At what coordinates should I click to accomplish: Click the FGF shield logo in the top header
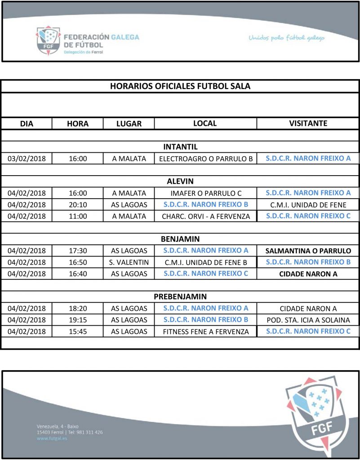(x=49, y=40)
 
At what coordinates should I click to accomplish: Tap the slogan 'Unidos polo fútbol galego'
(x=286, y=38)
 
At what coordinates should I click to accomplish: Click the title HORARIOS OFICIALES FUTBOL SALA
(x=180, y=86)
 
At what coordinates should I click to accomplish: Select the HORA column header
(x=78, y=124)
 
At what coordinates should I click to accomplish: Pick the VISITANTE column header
(x=308, y=123)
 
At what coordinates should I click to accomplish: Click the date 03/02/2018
(x=27, y=159)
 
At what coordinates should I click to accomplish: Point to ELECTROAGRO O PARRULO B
(x=206, y=159)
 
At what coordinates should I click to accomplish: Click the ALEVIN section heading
(x=180, y=181)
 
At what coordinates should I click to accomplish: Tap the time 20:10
(x=78, y=204)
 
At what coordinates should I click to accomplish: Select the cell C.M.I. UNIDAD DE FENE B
(x=206, y=262)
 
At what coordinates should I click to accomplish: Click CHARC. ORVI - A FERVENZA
(x=206, y=216)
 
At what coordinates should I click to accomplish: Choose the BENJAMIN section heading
(x=180, y=239)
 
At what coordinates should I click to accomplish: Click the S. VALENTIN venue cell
(x=129, y=262)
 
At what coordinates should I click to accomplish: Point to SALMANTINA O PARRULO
(x=308, y=251)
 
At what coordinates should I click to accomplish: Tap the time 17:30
(x=78, y=251)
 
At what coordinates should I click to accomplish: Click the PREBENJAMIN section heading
(x=180, y=296)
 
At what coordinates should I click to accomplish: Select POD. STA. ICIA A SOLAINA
(x=308, y=320)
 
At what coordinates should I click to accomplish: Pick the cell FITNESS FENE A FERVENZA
(x=206, y=332)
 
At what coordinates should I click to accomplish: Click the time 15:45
(x=78, y=332)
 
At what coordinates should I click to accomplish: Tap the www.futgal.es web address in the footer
(x=52, y=438)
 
